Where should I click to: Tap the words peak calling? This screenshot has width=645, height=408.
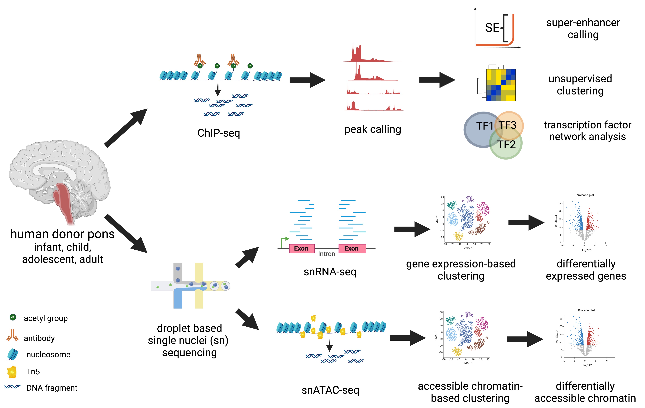(373, 129)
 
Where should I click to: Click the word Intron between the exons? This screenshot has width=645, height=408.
(327, 254)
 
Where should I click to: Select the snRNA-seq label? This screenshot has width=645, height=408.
(330, 272)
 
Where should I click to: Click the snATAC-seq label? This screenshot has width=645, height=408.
(330, 390)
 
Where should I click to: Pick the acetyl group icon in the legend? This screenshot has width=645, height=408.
(13, 317)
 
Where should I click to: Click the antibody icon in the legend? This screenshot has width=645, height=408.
(12, 335)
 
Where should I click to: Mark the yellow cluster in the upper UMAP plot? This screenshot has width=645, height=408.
(458, 236)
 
